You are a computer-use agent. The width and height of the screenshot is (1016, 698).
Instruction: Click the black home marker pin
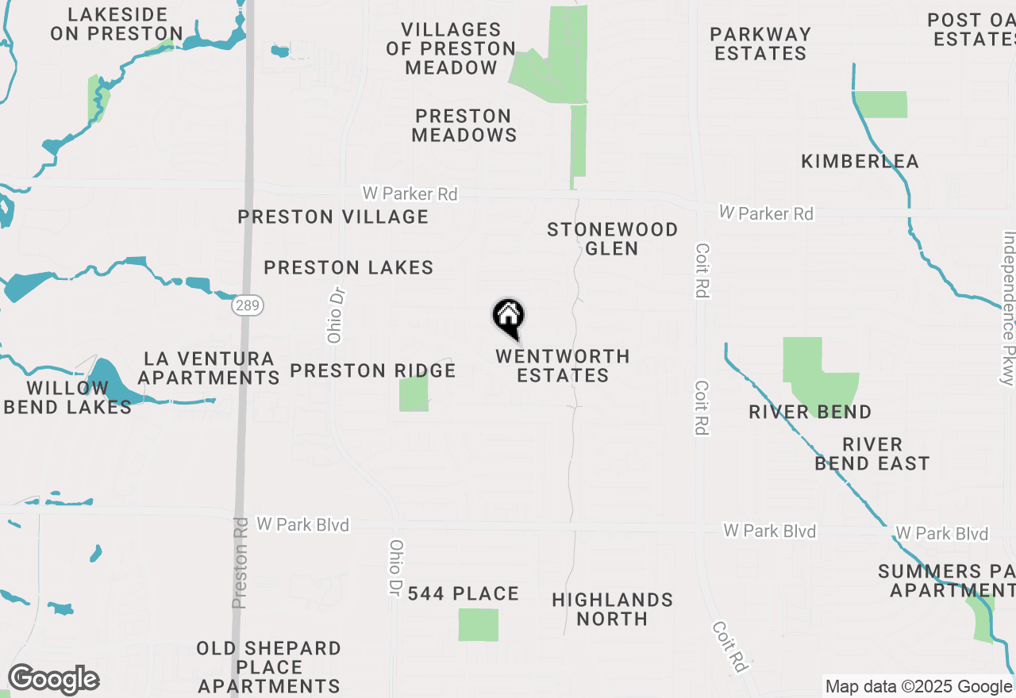click(508, 318)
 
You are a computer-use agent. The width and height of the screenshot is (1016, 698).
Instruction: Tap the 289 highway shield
click(248, 305)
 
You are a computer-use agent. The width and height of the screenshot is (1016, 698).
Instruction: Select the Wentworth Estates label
click(563, 366)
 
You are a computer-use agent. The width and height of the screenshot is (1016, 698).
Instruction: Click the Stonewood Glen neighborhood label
click(612, 239)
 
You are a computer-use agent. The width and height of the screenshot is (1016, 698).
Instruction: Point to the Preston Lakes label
click(348, 268)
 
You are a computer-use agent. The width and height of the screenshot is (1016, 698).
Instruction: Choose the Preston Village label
click(333, 217)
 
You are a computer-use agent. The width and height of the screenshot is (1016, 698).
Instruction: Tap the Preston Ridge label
click(372, 370)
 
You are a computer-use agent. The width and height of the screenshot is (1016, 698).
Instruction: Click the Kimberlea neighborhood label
click(860, 162)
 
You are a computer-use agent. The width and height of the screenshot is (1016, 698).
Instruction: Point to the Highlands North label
click(612, 609)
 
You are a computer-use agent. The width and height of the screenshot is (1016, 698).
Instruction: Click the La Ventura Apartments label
click(209, 369)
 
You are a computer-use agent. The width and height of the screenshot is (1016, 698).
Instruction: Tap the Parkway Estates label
click(760, 44)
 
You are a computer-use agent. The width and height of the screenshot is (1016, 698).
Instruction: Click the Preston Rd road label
click(240, 564)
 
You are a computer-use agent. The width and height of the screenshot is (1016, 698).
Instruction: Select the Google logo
click(53, 680)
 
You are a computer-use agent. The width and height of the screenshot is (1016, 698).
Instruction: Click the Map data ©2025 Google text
click(918, 687)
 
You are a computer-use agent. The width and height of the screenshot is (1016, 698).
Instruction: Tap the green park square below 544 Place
click(478, 625)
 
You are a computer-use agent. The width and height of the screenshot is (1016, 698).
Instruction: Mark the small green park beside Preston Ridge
click(413, 393)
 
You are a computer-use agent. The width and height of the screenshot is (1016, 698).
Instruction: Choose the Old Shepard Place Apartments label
click(268, 667)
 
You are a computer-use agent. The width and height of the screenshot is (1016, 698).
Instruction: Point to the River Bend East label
click(872, 454)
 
